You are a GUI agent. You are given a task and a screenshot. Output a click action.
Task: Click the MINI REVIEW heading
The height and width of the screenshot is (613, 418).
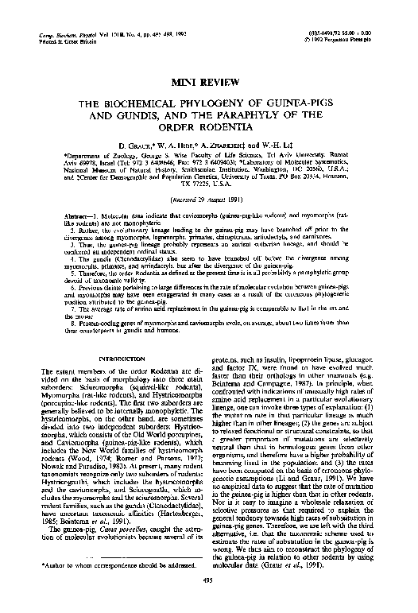coord(208,82)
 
